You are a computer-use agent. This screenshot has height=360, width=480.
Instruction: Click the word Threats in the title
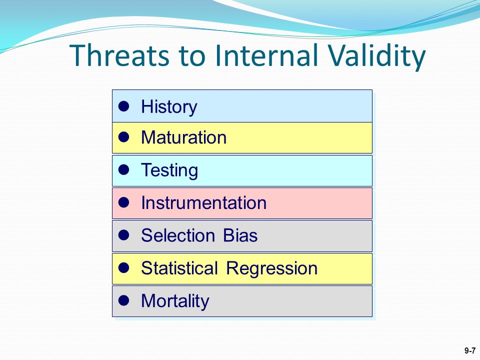point(119,55)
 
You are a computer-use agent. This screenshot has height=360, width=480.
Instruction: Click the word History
point(169,107)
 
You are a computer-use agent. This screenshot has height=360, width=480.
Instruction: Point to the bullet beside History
point(123,106)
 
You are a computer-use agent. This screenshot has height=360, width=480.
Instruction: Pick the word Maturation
point(183,137)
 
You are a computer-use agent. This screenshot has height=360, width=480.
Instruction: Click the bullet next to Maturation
point(123,137)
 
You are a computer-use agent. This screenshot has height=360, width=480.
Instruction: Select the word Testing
point(169,171)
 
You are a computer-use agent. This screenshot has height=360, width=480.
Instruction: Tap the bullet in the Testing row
point(123,169)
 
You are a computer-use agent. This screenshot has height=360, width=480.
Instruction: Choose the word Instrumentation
point(203,202)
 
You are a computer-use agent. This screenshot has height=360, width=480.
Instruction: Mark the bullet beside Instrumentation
point(123,202)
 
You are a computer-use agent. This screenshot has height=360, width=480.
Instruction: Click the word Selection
point(178,235)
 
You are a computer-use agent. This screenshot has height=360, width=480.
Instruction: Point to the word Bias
point(240,235)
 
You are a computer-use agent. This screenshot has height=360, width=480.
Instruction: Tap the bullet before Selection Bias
point(123,235)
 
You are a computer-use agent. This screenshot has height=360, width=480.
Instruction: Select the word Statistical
point(179,268)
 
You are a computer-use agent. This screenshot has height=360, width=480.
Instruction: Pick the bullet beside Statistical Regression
point(123,267)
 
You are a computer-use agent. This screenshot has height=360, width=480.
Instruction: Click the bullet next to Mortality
point(123,300)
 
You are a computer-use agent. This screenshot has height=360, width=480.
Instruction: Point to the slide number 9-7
point(470,351)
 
